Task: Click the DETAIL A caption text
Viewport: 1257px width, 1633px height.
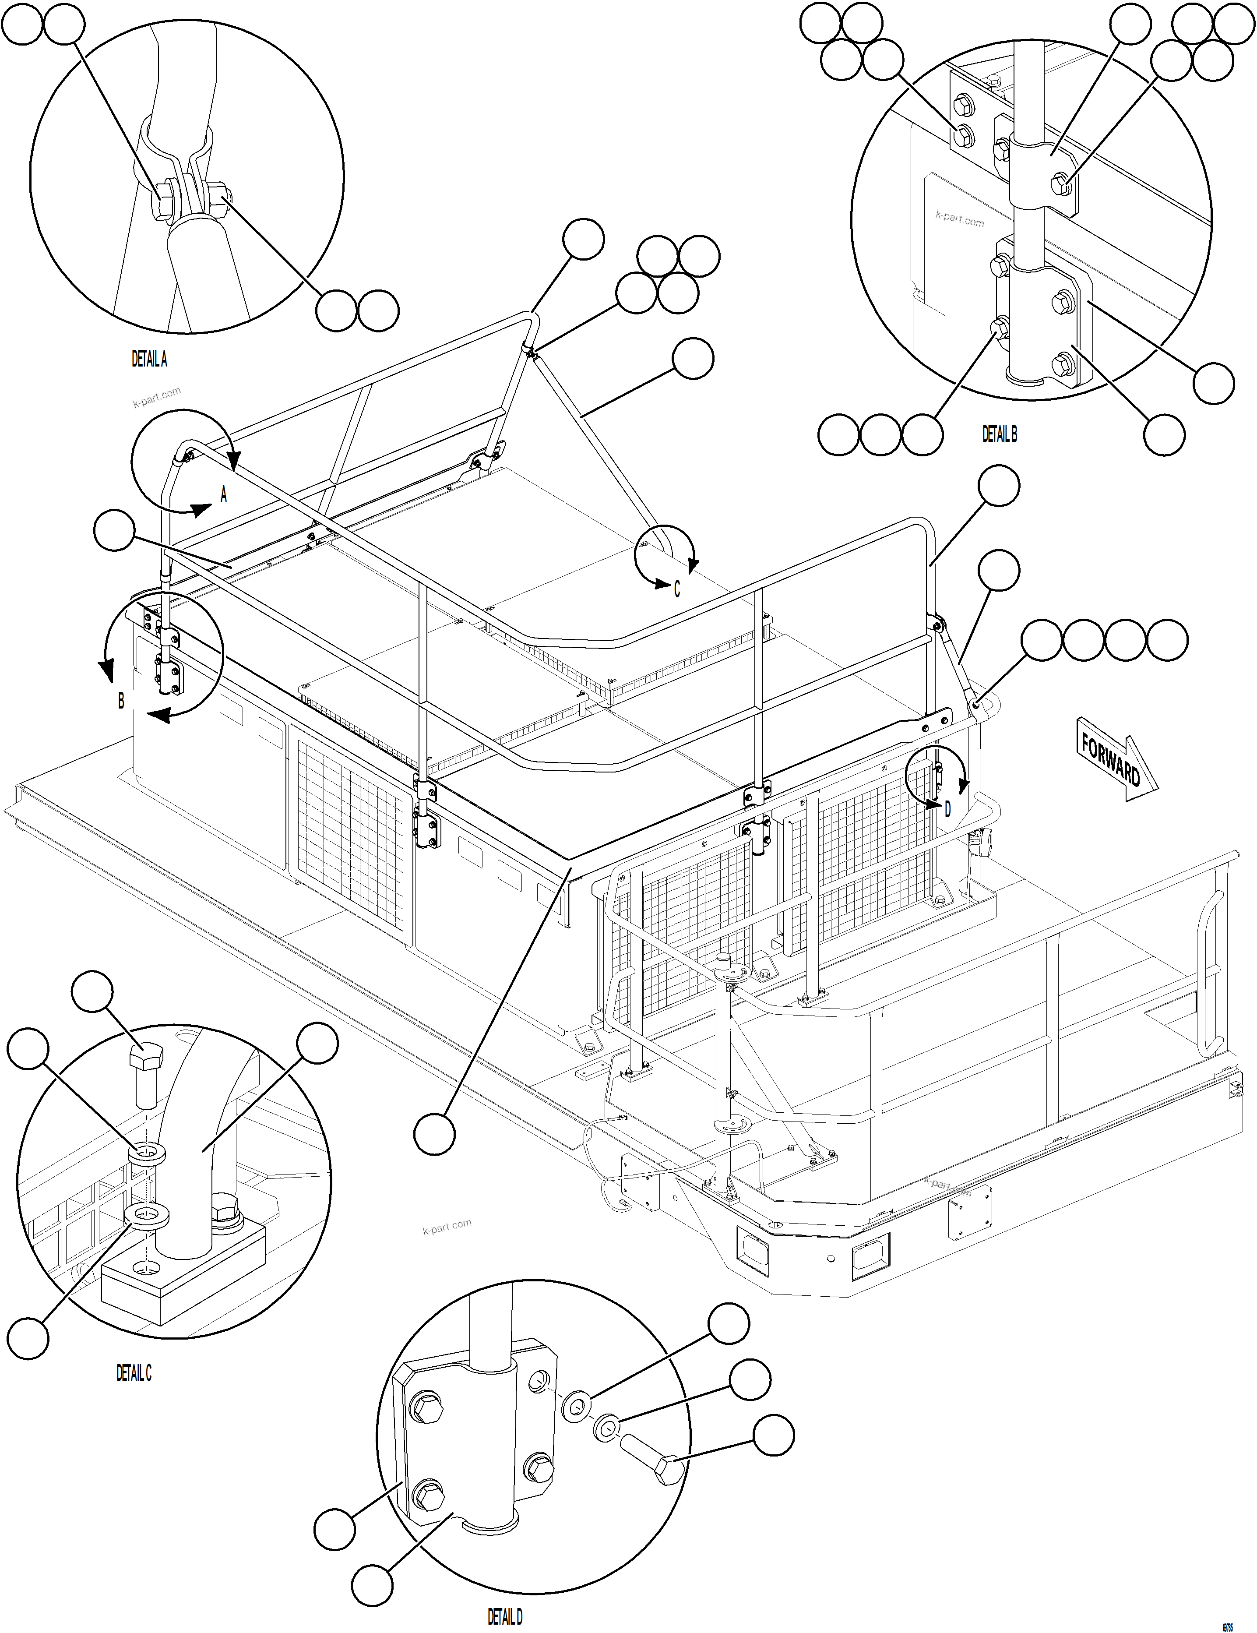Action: click(x=150, y=360)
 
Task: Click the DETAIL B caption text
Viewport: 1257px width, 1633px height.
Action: click(x=999, y=434)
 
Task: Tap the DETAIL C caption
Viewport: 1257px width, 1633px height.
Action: click(x=134, y=1373)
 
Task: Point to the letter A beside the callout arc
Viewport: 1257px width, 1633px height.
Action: click(x=223, y=494)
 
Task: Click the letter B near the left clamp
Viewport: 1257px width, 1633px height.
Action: click(x=121, y=701)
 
